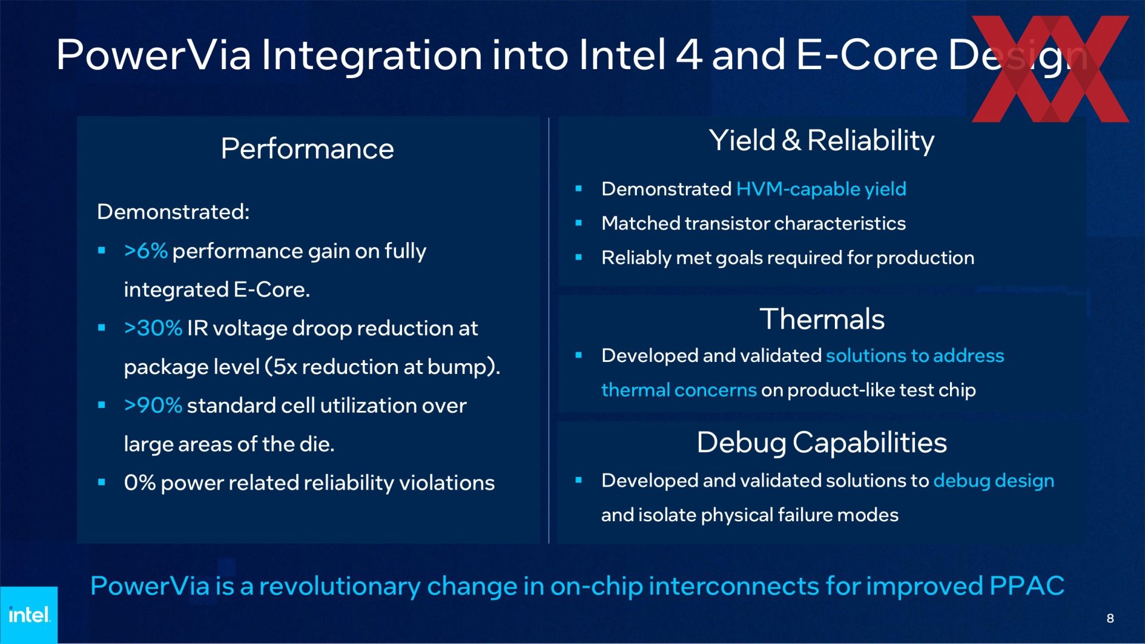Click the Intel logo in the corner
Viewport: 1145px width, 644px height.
(x=29, y=615)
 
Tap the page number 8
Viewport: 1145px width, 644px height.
(x=1110, y=618)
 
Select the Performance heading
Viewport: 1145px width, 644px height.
(x=307, y=148)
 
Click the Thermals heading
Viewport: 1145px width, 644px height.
(x=822, y=319)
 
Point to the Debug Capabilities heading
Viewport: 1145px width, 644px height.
(x=822, y=443)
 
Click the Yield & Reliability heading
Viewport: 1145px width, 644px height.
(x=822, y=141)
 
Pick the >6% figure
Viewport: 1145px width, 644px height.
(x=146, y=251)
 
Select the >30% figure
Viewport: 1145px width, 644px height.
(x=153, y=328)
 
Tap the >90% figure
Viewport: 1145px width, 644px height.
(x=153, y=405)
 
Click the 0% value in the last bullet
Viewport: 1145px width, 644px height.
(x=140, y=482)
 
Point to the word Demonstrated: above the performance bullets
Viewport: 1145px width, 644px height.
(x=173, y=212)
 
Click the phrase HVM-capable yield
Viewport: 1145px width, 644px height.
(x=821, y=189)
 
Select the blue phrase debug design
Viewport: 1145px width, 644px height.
(x=994, y=481)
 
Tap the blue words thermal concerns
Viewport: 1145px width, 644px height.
(x=679, y=390)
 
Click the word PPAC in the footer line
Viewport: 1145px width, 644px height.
(x=1027, y=586)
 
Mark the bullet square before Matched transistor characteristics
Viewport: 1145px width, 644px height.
(x=578, y=223)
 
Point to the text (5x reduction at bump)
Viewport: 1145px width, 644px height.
(x=382, y=367)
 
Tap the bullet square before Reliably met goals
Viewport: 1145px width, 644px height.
(x=578, y=258)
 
